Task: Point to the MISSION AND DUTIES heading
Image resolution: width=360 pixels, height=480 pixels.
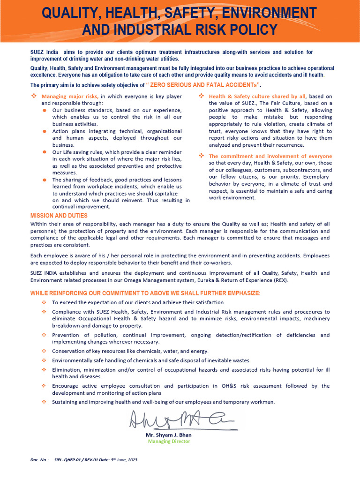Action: tap(59, 216)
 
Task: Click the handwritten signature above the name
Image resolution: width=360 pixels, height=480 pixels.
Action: tap(183, 420)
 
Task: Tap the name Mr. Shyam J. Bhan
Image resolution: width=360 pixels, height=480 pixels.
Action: tap(169, 435)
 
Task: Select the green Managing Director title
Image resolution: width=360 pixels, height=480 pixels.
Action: tap(169, 441)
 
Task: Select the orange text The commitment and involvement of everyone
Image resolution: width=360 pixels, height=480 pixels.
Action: tap(270, 156)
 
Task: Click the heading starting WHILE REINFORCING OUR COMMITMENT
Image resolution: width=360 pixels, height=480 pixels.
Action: tap(145, 293)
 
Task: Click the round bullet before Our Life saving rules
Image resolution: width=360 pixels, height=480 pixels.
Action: tap(44, 152)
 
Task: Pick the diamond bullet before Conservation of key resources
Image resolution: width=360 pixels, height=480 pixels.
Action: tap(44, 351)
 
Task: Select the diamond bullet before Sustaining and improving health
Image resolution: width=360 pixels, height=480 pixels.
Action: tap(44, 402)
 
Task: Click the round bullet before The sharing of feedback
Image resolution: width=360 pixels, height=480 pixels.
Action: tap(44, 180)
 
